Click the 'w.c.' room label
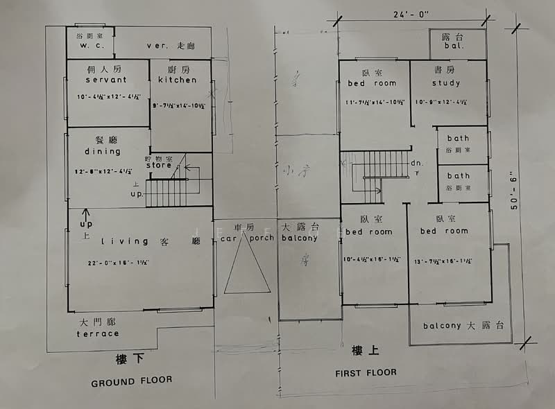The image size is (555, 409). pyautogui.click(x=91, y=46)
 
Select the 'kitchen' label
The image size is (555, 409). pyautogui.click(x=177, y=80)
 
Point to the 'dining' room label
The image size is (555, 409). pyautogui.click(x=103, y=151)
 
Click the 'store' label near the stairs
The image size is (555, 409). pyautogui.click(x=157, y=166)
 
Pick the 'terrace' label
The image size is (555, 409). pyautogui.click(x=98, y=333)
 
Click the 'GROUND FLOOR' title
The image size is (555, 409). pyautogui.click(x=132, y=381)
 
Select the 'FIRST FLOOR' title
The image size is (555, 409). pyautogui.click(x=366, y=372)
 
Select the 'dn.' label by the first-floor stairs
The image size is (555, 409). pyautogui.click(x=416, y=164)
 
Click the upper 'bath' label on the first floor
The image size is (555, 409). pyautogui.click(x=458, y=139)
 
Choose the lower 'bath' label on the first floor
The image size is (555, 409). pyautogui.click(x=458, y=176)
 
